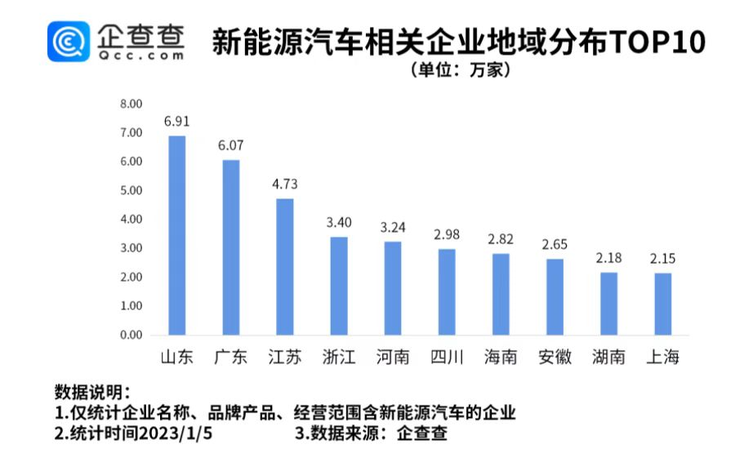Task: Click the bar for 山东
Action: (177, 235)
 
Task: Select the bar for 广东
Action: (231, 247)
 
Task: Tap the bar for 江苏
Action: (285, 266)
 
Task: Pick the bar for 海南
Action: (501, 294)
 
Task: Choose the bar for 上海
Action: (662, 304)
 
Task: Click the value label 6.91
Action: (177, 122)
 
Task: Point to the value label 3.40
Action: (339, 222)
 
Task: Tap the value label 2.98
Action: (447, 234)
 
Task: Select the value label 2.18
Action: (608, 258)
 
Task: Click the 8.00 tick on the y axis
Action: (131, 104)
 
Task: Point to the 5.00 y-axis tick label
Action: (131, 190)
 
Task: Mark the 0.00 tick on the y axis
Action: (131, 335)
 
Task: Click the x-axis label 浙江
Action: (339, 358)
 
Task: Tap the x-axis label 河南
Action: (393, 358)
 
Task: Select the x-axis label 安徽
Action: (555, 358)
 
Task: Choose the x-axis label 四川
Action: (447, 358)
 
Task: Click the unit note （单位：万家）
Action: (462, 71)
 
